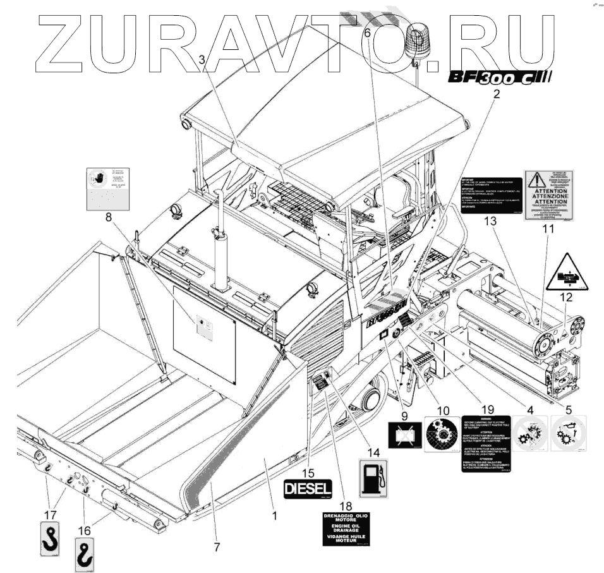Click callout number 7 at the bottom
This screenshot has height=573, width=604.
(x=217, y=547)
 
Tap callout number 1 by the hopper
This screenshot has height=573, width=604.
(x=274, y=516)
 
